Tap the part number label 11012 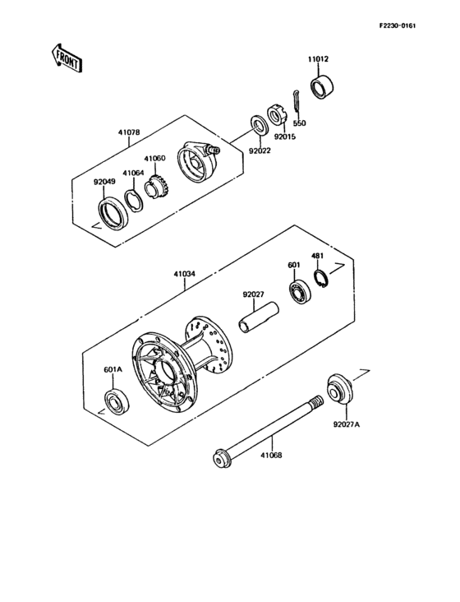pyautogui.click(x=318, y=59)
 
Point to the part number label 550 pyautogui.click(x=299, y=123)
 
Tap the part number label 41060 pyautogui.click(x=154, y=158)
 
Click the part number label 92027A pyautogui.click(x=347, y=425)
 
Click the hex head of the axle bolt pyautogui.click(x=220, y=457)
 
